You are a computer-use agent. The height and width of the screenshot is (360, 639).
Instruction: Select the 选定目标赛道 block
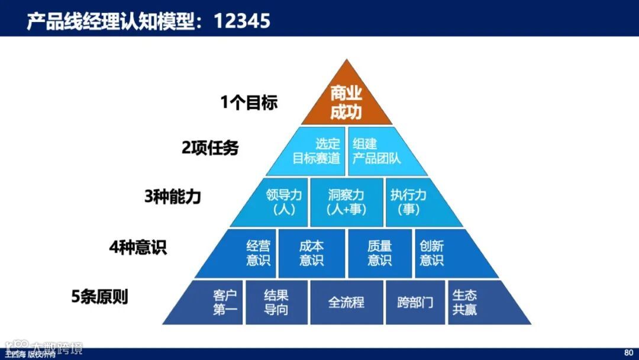point(317,152)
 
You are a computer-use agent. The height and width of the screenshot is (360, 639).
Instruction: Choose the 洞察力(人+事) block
point(346,202)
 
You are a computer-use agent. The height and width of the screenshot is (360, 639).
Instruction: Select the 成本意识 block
point(311,253)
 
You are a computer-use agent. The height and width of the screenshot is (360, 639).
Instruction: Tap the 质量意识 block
point(379,253)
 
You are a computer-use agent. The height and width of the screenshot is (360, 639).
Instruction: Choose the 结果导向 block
point(276,303)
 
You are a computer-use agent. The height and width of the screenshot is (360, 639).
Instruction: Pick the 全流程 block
point(346,303)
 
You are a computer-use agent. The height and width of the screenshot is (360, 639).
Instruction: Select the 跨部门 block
point(415,303)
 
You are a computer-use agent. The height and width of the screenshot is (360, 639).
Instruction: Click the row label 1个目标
point(248,102)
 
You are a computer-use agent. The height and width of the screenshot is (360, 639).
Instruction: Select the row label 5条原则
point(99,296)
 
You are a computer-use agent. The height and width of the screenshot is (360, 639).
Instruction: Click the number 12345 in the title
point(242,21)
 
